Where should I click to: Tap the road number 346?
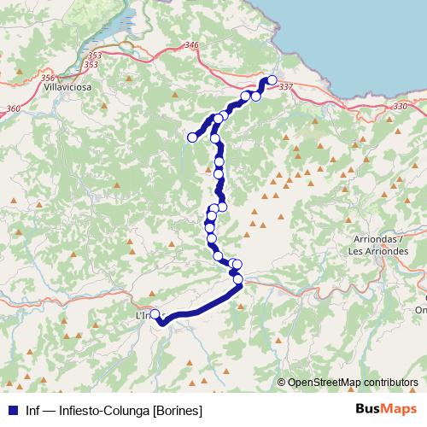(x=190, y=45)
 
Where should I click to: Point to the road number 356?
(x=48, y=78)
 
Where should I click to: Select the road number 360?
(x=12, y=108)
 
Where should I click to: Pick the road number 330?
(x=401, y=107)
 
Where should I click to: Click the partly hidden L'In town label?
(x=143, y=316)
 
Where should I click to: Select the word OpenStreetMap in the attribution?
(x=323, y=382)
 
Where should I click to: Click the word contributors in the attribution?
(x=390, y=382)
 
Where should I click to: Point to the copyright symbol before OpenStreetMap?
(x=282, y=382)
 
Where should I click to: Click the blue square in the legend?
(x=11, y=409)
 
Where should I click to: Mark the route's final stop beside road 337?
(x=272, y=80)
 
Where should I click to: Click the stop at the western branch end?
(x=192, y=137)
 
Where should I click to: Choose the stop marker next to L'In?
(x=155, y=314)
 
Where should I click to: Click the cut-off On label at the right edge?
(x=420, y=309)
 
